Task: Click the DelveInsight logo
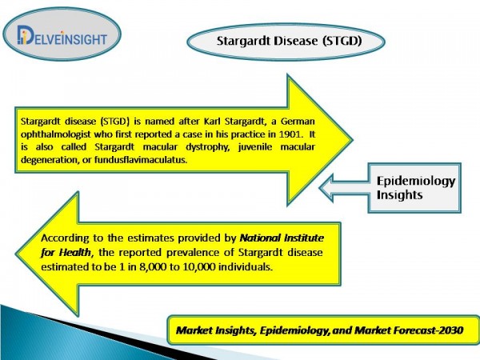62,36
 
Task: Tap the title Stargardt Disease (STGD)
290,41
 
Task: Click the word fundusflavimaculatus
141,160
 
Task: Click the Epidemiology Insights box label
416,188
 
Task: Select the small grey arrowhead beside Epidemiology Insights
327,188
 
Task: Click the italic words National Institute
282,238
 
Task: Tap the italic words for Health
66,253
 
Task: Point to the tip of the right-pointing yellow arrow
352,140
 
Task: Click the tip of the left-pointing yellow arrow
16,254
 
